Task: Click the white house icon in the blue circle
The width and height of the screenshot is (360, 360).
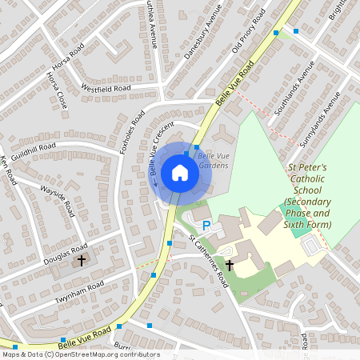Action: click(180, 172)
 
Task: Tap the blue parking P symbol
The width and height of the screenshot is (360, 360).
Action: click(206, 226)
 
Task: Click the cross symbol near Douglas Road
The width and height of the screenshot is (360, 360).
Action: click(80, 261)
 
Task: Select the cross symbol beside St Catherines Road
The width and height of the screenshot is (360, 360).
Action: click(229, 264)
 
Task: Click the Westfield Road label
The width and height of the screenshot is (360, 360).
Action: click(106, 88)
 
